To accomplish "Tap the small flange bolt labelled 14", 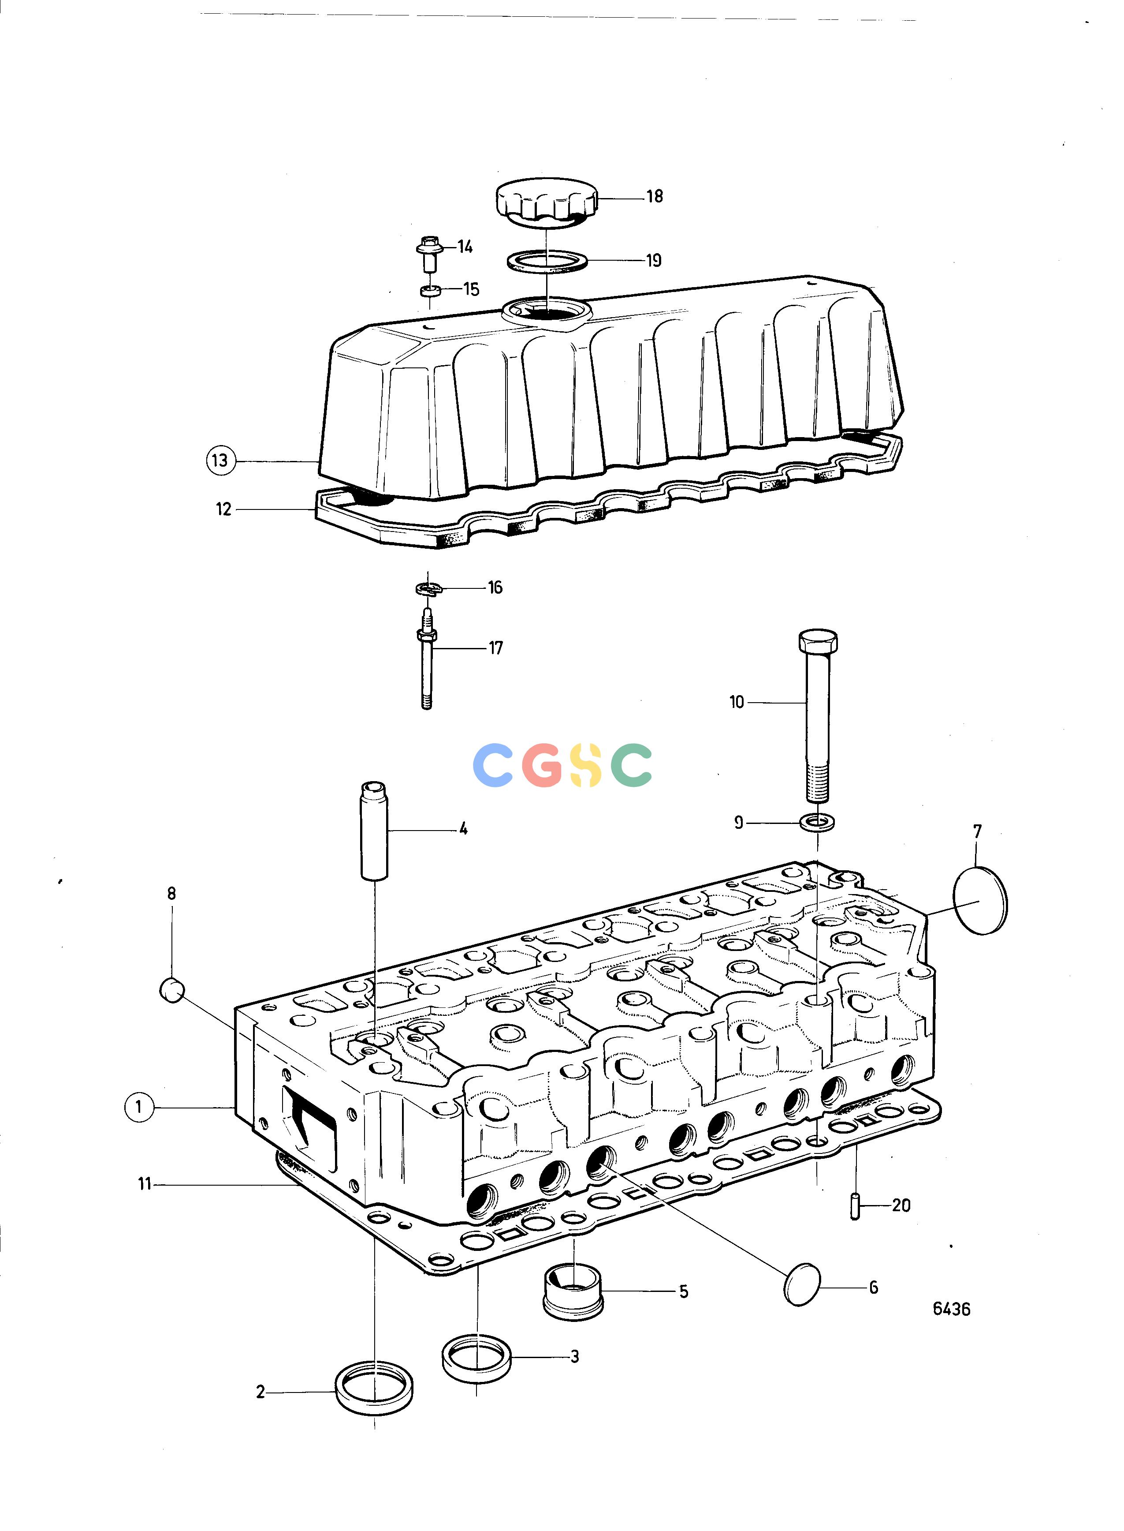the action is pos(428,253).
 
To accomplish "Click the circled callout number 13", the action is pos(220,461).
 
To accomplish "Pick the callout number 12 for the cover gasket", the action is pos(224,509).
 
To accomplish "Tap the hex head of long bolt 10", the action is pos(817,641).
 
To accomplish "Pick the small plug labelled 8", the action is pos(172,990).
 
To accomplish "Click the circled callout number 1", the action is pos(139,1107).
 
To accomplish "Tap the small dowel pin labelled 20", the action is pos(855,1207).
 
